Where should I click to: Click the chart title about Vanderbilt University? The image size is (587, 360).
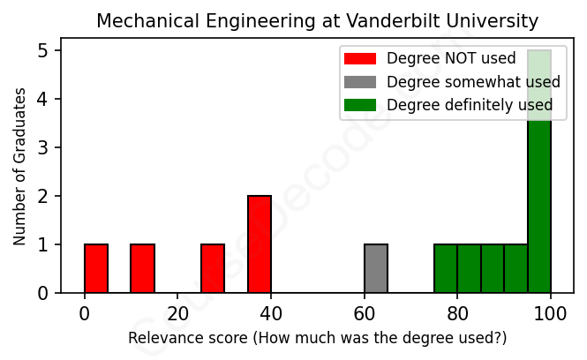317,20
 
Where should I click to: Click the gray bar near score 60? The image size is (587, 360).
376,268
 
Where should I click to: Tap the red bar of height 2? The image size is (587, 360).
260,244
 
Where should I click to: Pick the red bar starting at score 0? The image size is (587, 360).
96,268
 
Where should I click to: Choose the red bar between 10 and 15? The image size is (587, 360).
143,268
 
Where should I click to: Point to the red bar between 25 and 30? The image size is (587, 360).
213,268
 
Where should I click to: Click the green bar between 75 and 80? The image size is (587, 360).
446,268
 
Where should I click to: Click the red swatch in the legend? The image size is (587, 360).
360,59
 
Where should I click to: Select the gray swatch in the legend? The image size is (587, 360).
360,82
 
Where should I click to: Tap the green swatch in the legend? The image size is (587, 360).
360,105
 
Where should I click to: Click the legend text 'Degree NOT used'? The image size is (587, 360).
439,59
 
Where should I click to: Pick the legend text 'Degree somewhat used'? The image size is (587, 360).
473,82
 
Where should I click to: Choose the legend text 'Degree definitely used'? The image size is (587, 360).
470,105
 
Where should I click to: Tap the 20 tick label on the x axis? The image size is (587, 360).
177,312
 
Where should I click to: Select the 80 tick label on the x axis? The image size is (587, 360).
457,312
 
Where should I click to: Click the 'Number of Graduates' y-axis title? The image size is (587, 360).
20,172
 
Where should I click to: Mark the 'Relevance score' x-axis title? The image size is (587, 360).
317,338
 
